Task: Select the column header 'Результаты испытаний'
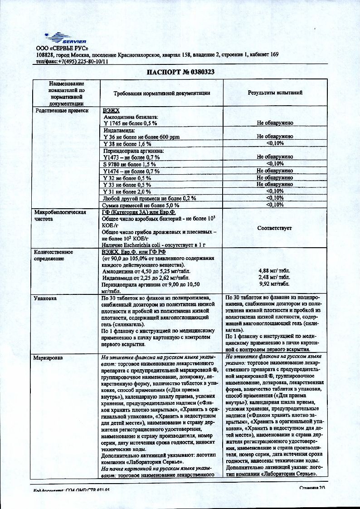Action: click(275, 93)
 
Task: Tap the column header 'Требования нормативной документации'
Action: click(161, 93)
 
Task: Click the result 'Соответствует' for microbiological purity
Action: click(274, 228)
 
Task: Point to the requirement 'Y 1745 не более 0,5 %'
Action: click(130, 123)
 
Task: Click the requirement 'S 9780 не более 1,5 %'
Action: click(130, 164)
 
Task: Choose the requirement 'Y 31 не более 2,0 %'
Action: click(127, 191)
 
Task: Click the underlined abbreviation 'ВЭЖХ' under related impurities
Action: click(111, 110)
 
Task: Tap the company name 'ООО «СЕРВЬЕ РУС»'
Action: click(62, 48)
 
